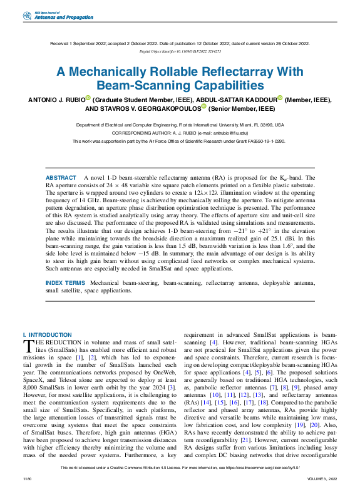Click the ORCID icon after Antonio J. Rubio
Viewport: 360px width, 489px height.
click(x=88, y=98)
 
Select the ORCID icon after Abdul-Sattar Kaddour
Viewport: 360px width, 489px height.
click(x=280, y=98)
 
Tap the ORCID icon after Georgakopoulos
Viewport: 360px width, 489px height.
click(x=204, y=107)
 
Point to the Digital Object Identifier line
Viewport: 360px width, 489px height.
click(x=180, y=53)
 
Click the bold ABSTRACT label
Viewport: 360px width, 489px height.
click(x=61, y=178)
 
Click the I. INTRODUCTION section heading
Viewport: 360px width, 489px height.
click(x=47, y=335)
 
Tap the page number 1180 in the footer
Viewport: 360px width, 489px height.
click(x=26, y=478)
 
